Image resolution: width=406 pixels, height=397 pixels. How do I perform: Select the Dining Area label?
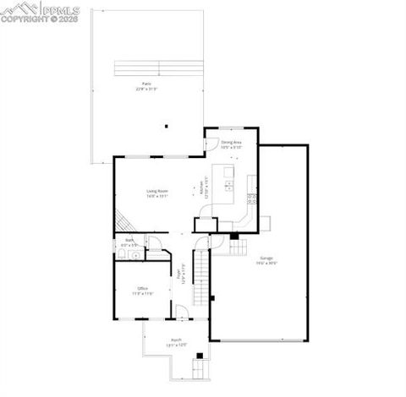click(231, 144)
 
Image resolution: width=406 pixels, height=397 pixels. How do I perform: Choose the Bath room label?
click(130, 242)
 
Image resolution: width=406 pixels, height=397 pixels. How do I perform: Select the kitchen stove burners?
click(251, 199)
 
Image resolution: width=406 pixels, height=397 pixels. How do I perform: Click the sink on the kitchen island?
click(228, 184)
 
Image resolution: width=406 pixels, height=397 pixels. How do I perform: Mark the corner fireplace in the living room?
click(123, 222)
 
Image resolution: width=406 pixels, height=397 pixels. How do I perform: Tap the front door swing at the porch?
click(181, 316)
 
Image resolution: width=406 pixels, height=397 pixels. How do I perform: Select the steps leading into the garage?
click(239, 246)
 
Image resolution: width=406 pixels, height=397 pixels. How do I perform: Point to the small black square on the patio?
click(167, 126)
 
